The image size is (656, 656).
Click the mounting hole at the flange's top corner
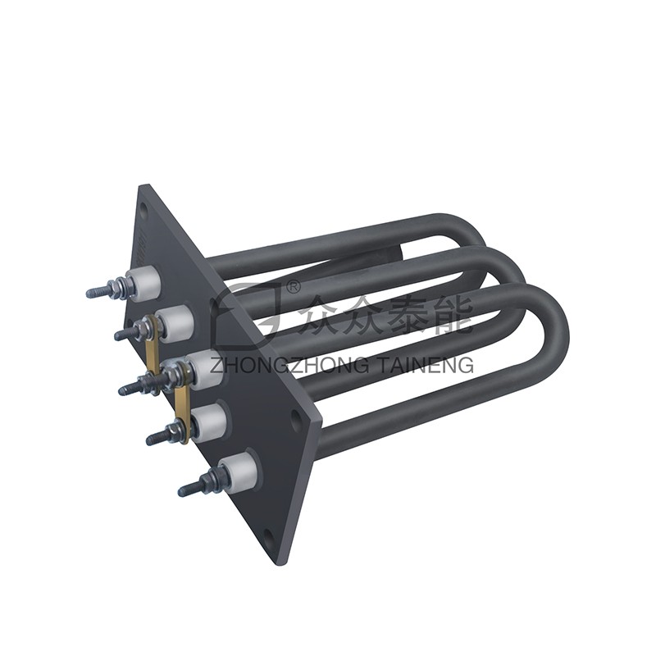[x=145, y=208]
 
